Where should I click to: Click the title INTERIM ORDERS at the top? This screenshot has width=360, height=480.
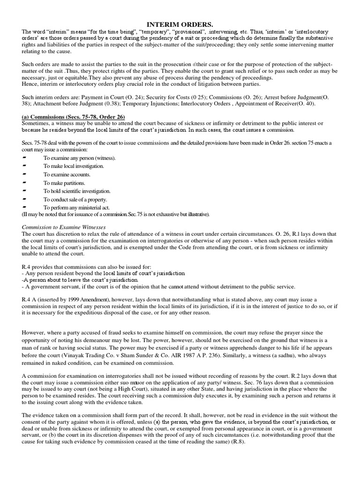(180, 24)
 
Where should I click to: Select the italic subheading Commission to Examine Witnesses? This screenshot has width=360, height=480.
(64, 227)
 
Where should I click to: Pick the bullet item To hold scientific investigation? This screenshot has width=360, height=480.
(77, 191)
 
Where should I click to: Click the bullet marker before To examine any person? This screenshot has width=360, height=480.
(25, 157)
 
